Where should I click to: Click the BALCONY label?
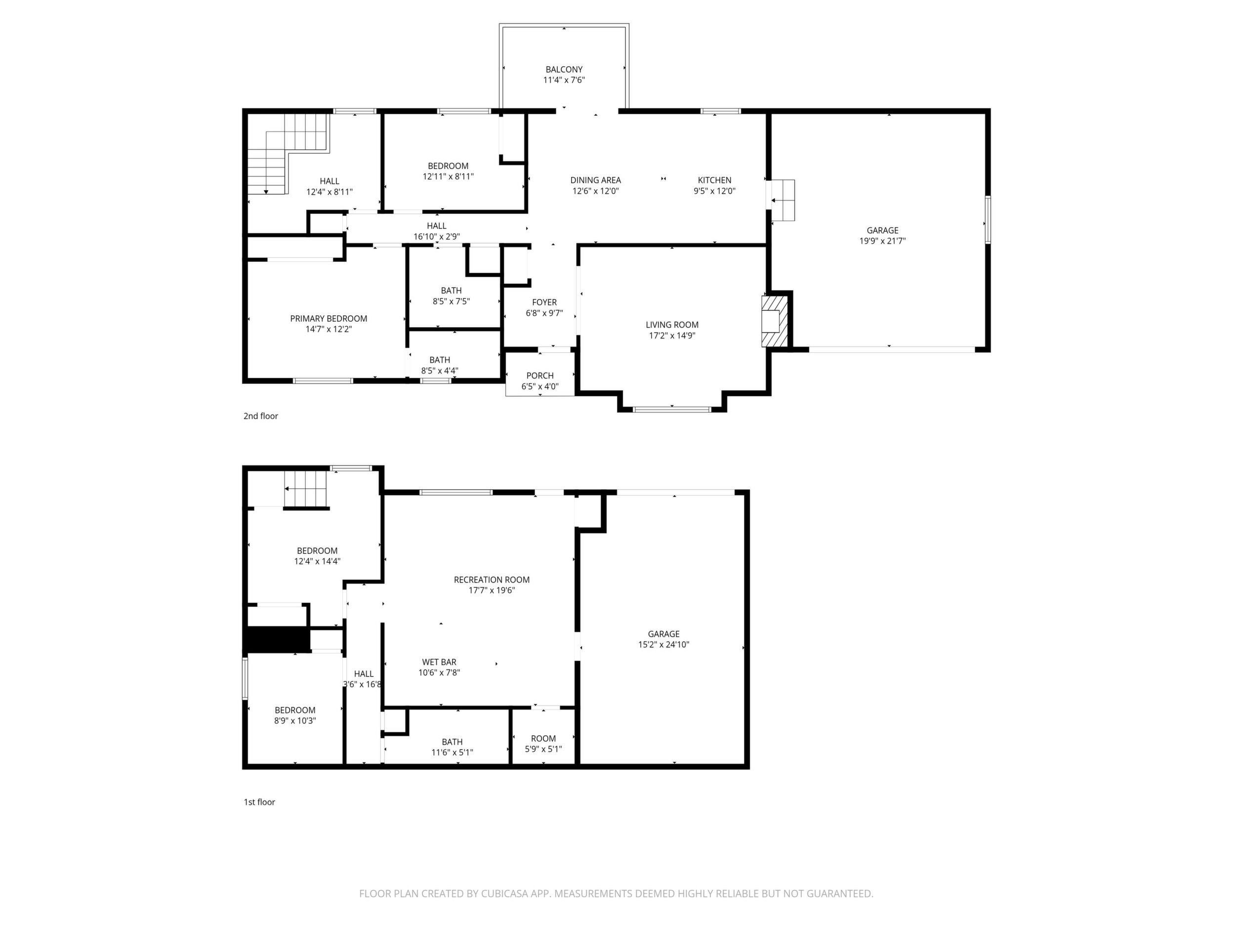[x=564, y=70]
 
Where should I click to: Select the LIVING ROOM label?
[x=672, y=325]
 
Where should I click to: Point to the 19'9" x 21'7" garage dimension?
[x=882, y=241]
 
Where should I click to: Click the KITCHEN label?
[x=715, y=180]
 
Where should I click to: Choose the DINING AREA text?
[x=595, y=180]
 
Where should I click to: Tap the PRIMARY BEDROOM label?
[x=329, y=319]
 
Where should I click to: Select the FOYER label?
[x=544, y=303]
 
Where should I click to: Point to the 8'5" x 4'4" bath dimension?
[x=440, y=371]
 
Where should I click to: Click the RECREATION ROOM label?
[x=492, y=580]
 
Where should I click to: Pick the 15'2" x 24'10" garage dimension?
[x=664, y=644]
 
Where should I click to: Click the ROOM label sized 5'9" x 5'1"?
[x=543, y=739]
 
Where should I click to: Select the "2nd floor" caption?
[x=261, y=416]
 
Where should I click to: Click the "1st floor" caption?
[x=259, y=802]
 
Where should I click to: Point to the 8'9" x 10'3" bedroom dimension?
[x=295, y=721]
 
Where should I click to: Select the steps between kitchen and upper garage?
[x=783, y=200]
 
